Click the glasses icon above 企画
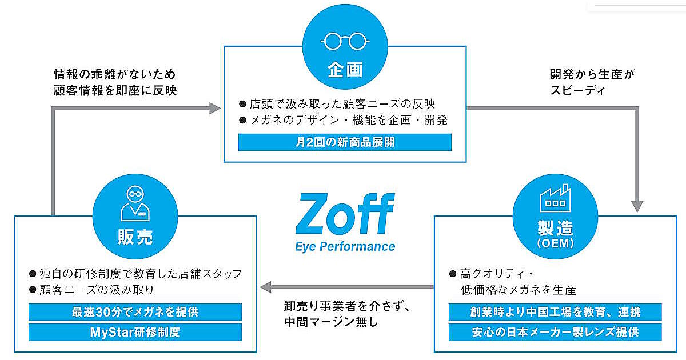[x=345, y=41]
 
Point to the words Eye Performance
[x=345, y=246]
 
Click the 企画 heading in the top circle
[x=345, y=70]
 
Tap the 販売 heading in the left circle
[x=135, y=237]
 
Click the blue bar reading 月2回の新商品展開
[x=345, y=142]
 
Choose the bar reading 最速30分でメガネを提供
[x=135, y=312]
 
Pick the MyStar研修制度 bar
[x=135, y=332]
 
